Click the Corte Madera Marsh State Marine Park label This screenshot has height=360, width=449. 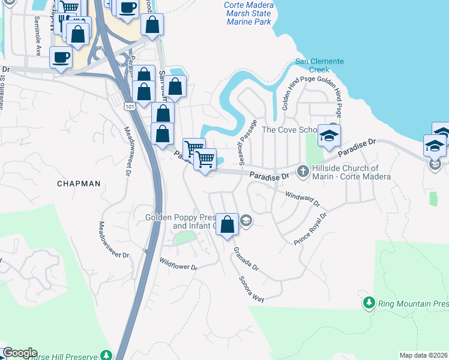pos(249,13)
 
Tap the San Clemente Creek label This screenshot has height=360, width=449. pos(319,65)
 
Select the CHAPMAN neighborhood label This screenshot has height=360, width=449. pos(79,184)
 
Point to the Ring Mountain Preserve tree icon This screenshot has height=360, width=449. pos(370,303)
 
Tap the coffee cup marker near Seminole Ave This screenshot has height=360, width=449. pos(60,59)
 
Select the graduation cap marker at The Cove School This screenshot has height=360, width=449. pos(329,136)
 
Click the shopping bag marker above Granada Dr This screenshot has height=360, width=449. pos(227,226)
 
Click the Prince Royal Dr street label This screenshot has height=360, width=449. pos(310,229)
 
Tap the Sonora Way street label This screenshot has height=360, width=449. pos(252,289)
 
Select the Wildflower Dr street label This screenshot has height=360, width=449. pos(178,263)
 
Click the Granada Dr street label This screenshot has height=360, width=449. pos(246,258)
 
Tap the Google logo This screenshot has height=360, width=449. pos(19,353)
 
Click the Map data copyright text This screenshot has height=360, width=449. pos(424,355)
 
